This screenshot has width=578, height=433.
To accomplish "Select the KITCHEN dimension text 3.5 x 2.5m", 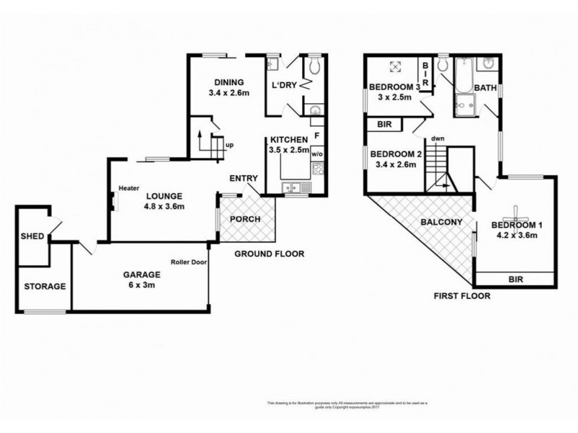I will pyautogui.click(x=288, y=150).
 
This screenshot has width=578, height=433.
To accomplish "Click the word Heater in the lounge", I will pyautogui.click(x=129, y=188).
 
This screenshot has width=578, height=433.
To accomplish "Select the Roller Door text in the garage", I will pyautogui.click(x=189, y=262).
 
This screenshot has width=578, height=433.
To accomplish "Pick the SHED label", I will pyautogui.click(x=31, y=236).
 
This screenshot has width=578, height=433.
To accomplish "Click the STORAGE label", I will pyautogui.click(x=44, y=287).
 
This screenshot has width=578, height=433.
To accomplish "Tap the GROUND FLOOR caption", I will pyautogui.click(x=269, y=254).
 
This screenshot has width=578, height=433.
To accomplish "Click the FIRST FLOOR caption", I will pyautogui.click(x=462, y=296).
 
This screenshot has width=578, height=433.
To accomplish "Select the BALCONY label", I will pyautogui.click(x=441, y=222).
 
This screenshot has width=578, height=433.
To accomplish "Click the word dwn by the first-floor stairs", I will pyautogui.click(x=437, y=139).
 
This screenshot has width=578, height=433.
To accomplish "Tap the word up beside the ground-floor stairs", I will pyautogui.click(x=230, y=145).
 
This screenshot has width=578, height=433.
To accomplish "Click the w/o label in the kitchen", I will pyautogui.click(x=316, y=154).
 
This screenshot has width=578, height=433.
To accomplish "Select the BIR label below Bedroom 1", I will pyautogui.click(x=516, y=279).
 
